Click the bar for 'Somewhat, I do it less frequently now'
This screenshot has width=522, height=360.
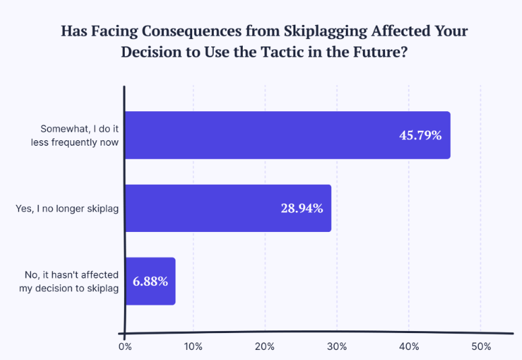pyautogui.click(x=287, y=135)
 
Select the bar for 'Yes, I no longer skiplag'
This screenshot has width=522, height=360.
pyautogui.click(x=228, y=208)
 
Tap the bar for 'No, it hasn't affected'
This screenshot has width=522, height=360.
pyautogui.click(x=150, y=281)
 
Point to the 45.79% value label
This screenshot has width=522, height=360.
pyautogui.click(x=420, y=136)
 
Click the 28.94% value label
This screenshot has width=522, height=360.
pyautogui.click(x=301, y=208)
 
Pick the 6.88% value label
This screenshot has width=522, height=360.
pyautogui.click(x=150, y=281)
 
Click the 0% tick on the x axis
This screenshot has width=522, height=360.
pyautogui.click(x=125, y=347)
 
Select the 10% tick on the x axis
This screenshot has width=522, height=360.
pyautogui.click(x=194, y=347)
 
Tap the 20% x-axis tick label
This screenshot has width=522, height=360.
pyautogui.click(x=265, y=347)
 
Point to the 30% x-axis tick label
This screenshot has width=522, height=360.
pyautogui.click(x=337, y=347)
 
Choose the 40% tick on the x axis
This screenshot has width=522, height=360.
pyautogui.click(x=409, y=347)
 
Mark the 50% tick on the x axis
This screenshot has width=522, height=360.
pyautogui.click(x=480, y=347)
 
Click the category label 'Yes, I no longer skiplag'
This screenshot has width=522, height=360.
pyautogui.click(x=67, y=208)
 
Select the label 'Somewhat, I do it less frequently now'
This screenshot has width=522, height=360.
pyautogui.click(x=80, y=135)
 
